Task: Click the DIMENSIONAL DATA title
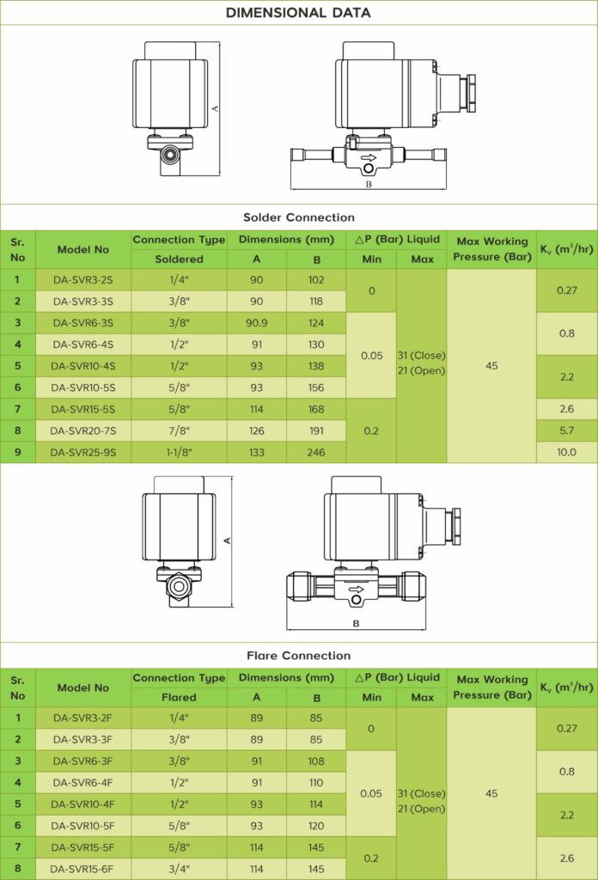point(298,13)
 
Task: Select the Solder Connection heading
point(298,217)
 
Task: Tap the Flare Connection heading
point(298,656)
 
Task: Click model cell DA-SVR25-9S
point(83,452)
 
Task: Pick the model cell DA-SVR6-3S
point(83,323)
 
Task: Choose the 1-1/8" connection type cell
point(179,452)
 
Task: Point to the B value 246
point(316,452)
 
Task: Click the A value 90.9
point(256,323)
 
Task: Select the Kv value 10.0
point(566,452)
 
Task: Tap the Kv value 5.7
point(566,431)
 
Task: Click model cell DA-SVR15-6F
point(83,869)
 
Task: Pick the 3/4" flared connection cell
point(179,869)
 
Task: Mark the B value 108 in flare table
point(316,761)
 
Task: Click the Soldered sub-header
point(179,259)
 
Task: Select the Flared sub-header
point(179,697)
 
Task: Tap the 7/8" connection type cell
point(179,431)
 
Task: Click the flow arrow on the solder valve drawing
point(368,158)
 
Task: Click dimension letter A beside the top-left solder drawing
point(216,107)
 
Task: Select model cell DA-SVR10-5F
point(83,826)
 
